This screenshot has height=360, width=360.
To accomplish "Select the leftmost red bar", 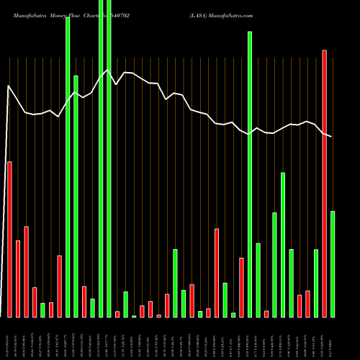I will (x=9, y=239).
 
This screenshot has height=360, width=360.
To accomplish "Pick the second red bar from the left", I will (x=18, y=279).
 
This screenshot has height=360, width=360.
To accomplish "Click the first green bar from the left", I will (x=42, y=310).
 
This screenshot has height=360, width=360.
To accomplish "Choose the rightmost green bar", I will (x=333, y=264).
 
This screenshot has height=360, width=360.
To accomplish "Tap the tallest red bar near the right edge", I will (x=324, y=184).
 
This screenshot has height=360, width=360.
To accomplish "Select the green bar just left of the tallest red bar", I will (x=316, y=283).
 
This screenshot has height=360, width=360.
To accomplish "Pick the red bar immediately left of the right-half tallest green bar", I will (x=241, y=287).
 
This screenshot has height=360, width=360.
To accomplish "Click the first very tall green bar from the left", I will (x=68, y=166).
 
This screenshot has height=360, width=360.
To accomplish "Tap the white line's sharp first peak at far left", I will (x=9, y=86).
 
